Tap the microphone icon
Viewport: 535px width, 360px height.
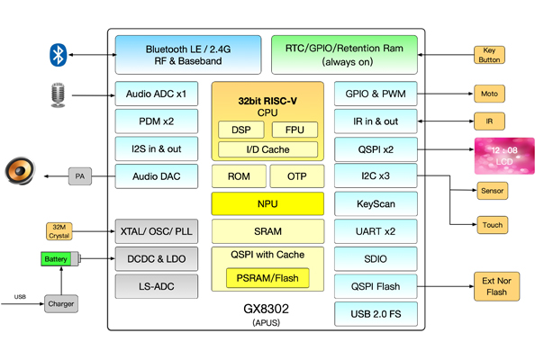coord(59,94)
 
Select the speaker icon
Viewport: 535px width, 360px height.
coord(22,173)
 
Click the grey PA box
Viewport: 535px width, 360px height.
coord(80,175)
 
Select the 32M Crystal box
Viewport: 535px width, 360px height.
coord(59,230)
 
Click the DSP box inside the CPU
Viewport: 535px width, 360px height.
coord(240,130)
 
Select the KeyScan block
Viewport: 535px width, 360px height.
coord(376,203)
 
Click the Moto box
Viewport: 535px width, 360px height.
coord(491,94)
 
